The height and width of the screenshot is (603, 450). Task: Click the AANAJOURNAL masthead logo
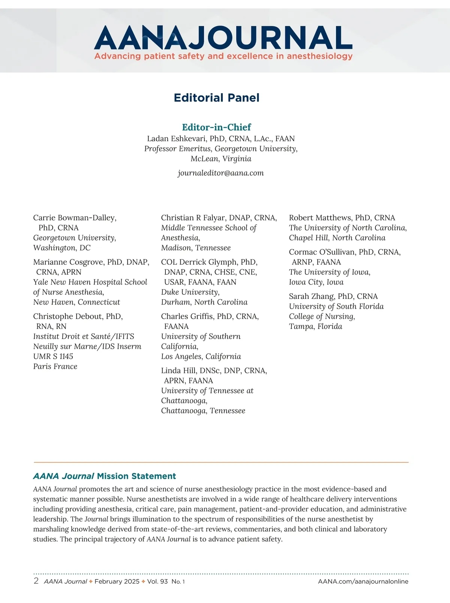[223, 38]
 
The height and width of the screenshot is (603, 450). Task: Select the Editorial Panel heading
[217, 98]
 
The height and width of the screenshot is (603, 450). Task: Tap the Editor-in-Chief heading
[216, 127]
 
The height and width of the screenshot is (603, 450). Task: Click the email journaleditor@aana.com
[220, 173]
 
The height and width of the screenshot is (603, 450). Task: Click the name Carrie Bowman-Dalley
[74, 218]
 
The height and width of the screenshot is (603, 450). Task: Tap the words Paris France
[55, 366]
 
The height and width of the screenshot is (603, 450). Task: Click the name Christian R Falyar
[193, 218]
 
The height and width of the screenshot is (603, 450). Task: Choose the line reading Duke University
[190, 292]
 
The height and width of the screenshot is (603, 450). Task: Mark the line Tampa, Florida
[315, 327]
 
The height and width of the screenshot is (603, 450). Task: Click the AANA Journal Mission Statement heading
[104, 476]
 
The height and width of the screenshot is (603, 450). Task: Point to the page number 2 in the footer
[36, 581]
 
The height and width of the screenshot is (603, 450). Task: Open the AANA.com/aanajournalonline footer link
[363, 581]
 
